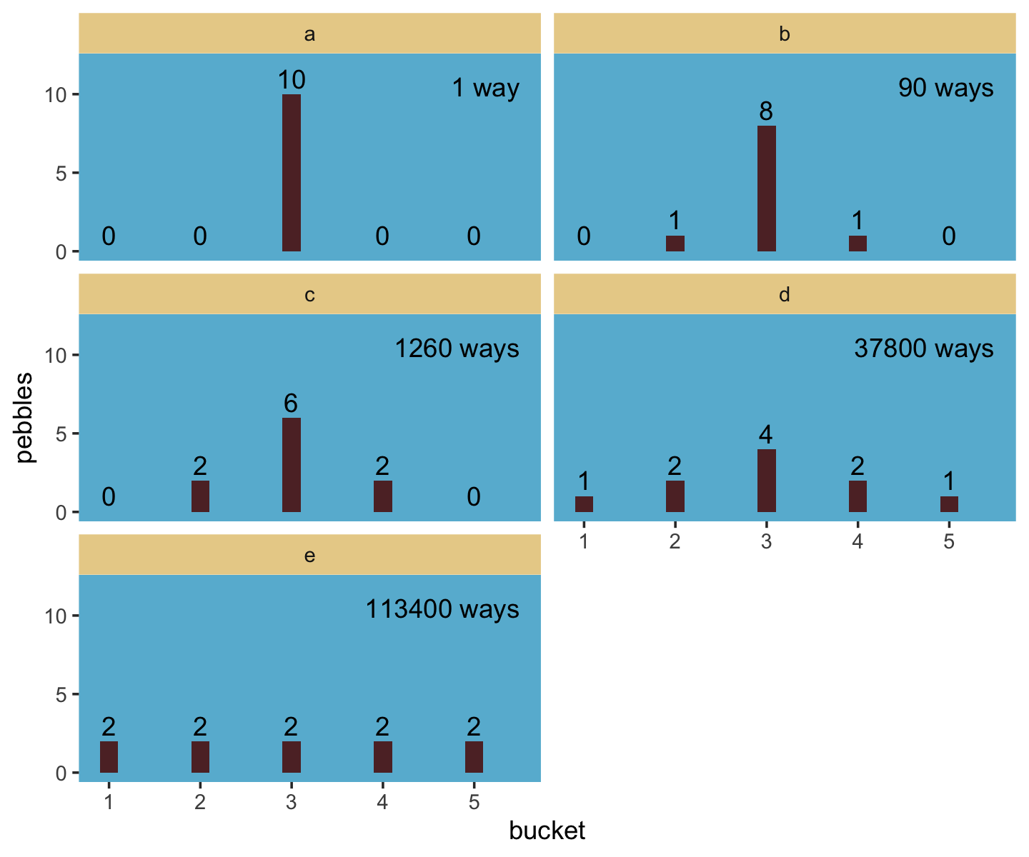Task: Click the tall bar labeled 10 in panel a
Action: click(x=291, y=173)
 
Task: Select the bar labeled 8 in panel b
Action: click(x=766, y=189)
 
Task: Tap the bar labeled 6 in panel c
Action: click(x=291, y=465)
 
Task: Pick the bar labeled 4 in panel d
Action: click(x=766, y=481)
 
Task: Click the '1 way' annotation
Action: click(x=485, y=88)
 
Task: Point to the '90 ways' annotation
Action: click(x=945, y=88)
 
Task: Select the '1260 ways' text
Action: click(x=457, y=349)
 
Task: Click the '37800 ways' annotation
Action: click(x=923, y=349)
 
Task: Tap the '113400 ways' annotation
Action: click(x=442, y=609)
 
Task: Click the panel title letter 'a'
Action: click(x=309, y=34)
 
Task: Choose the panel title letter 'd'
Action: click(x=784, y=295)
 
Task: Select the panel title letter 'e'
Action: click(x=309, y=556)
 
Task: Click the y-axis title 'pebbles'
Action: click(x=26, y=418)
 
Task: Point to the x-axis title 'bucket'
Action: click(x=547, y=831)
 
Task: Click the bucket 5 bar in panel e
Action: click(x=474, y=757)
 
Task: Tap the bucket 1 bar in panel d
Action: click(x=584, y=504)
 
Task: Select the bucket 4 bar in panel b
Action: click(x=857, y=244)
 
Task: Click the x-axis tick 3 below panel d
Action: click(x=766, y=541)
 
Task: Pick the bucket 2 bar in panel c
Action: click(x=200, y=496)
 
